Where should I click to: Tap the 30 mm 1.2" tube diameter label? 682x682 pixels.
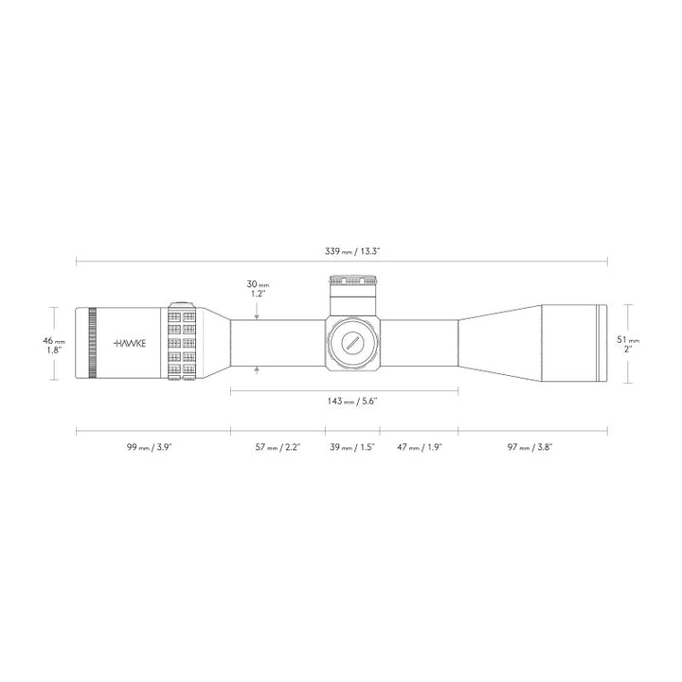coord(257,289)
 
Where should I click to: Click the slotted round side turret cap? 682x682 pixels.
coord(352,344)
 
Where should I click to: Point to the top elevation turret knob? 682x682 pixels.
coord(352,281)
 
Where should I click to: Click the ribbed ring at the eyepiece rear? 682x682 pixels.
coord(91,344)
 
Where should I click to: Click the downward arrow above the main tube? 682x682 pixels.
coord(257,306)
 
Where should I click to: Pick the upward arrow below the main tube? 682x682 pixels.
coord(257,370)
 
